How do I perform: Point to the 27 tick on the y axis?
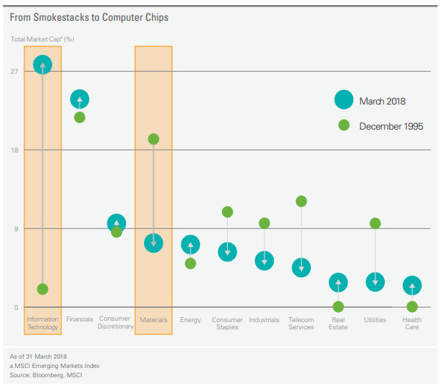coord(14,72)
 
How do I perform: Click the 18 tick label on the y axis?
coord(14,150)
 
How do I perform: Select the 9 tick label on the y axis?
coord(16,229)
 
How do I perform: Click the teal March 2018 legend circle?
coord(344,101)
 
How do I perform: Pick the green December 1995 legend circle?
coord(344,125)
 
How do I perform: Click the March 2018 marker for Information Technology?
coord(42,65)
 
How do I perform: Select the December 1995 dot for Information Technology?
coord(42,289)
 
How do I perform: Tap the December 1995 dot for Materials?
coord(153,139)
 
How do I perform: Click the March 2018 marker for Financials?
coord(80,100)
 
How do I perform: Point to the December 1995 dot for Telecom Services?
coord(301,201)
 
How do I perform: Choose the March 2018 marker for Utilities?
coord(375,281)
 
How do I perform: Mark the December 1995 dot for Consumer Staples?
coord(227,212)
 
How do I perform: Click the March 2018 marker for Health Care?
coord(412,286)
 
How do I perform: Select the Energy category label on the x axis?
coord(191,320)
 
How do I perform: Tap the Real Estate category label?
coord(338,324)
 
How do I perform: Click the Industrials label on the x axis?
coord(264,320)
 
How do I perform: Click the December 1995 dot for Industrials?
coord(264,223)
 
